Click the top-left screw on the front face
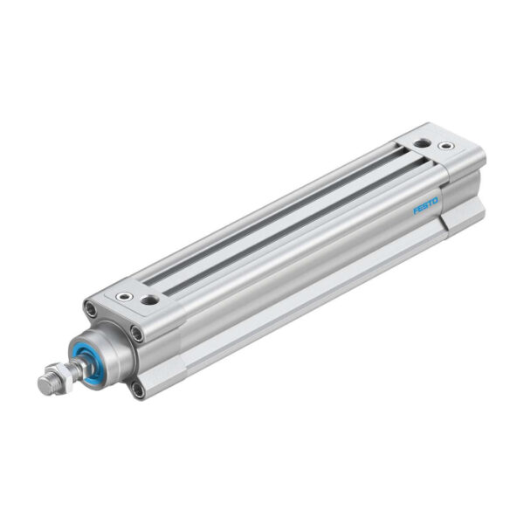pyautogui.click(x=90, y=308)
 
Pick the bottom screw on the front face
pyautogui.click(x=137, y=390)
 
